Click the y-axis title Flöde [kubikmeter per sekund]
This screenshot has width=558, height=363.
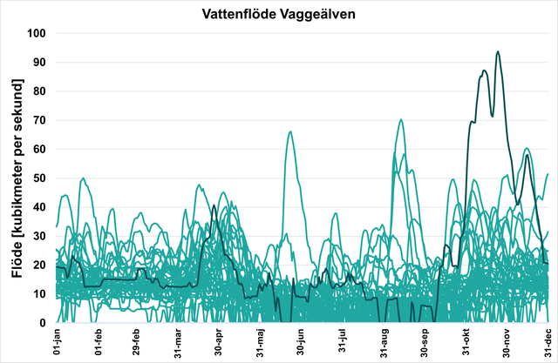click(x=17, y=178)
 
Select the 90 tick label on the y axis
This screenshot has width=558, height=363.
click(x=38, y=62)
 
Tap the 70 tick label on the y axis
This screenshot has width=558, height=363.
click(x=38, y=120)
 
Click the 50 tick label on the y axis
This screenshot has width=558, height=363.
click(x=38, y=178)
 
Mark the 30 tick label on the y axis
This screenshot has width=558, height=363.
click(x=38, y=236)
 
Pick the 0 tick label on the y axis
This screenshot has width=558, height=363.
click(x=42, y=323)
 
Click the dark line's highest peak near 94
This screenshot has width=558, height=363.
click(x=498, y=51)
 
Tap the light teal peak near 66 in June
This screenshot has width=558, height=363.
click(x=290, y=131)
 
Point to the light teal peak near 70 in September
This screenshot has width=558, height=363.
click(x=401, y=120)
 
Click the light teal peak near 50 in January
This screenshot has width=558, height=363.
click(x=83, y=178)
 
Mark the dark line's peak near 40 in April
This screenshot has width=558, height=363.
click(x=214, y=206)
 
